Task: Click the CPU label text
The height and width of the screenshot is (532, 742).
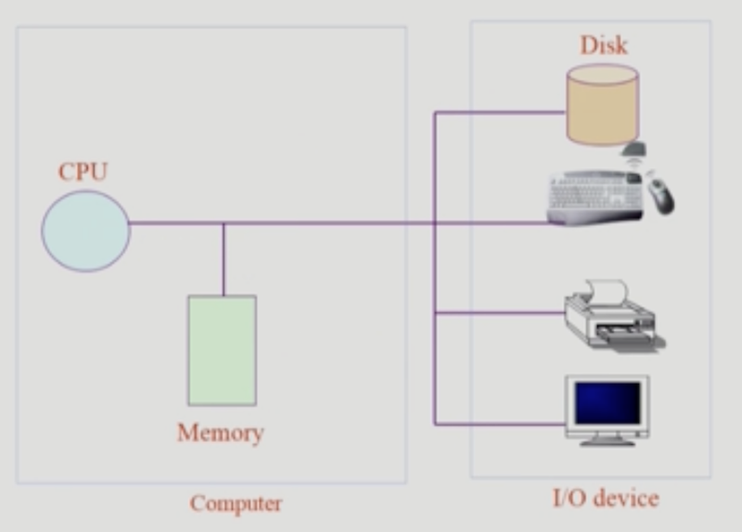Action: point(83,172)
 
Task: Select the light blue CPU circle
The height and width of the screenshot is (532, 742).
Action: point(85,231)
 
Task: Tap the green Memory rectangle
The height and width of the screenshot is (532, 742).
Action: point(222,350)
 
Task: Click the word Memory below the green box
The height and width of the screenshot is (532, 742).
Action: point(221,433)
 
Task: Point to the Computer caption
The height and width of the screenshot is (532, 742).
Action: point(236,504)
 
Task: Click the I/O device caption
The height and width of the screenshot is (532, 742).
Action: point(605,499)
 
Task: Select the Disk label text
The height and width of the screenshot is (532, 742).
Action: point(604,44)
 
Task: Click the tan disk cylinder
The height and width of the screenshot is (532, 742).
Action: point(603,104)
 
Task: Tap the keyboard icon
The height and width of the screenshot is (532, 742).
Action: point(595,196)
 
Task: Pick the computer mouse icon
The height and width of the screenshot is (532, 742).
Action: point(660,195)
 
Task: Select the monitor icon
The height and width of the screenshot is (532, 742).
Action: point(608,409)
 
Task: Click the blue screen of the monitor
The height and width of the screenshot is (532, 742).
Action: point(608,401)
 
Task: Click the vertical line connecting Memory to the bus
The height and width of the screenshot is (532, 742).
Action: point(223,260)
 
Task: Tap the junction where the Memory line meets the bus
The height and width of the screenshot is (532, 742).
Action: point(223,223)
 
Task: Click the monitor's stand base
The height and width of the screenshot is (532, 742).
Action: point(608,440)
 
